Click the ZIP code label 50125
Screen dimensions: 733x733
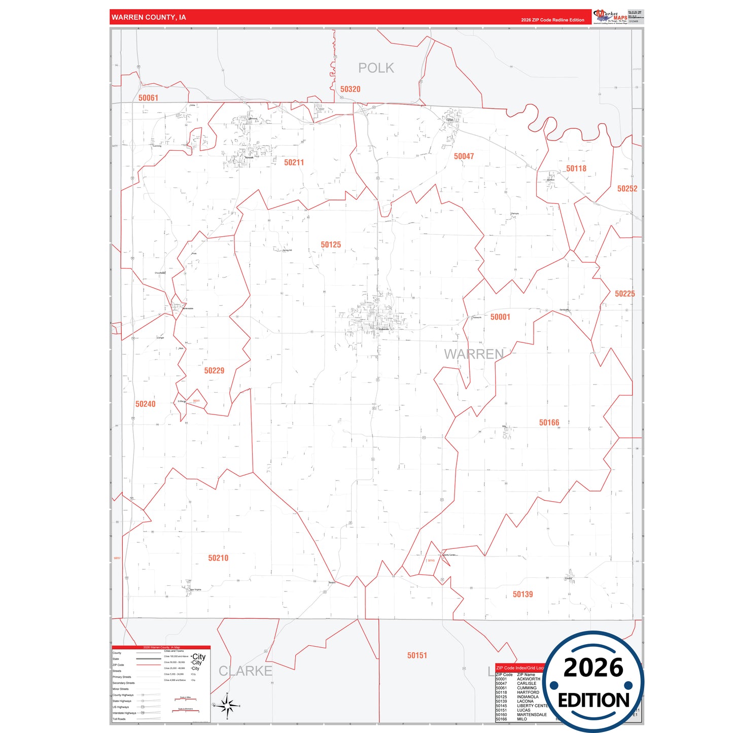[331, 245]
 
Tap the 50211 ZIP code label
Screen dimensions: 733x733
[294, 163]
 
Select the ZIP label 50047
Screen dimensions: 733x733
[464, 157]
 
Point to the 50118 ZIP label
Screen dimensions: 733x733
[576, 169]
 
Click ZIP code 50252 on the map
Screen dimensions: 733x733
[627, 189]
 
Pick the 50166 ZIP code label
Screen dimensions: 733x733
[549, 423]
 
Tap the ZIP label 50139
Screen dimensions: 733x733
[522, 595]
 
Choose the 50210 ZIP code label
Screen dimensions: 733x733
[218, 558]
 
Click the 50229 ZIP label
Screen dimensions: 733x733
[214, 371]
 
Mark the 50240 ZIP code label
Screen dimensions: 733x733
[145, 404]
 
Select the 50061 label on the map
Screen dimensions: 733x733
[148, 98]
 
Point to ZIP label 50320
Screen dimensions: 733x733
[350, 89]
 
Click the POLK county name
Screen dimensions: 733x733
[376, 68]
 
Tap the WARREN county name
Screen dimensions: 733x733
[474, 354]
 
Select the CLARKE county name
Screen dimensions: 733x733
[245, 671]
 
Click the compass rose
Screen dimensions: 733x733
[227, 706]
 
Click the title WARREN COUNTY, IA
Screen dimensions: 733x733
[149, 17]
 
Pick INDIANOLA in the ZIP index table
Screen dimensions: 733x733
[528, 697]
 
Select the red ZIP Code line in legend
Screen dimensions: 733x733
[149, 665]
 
